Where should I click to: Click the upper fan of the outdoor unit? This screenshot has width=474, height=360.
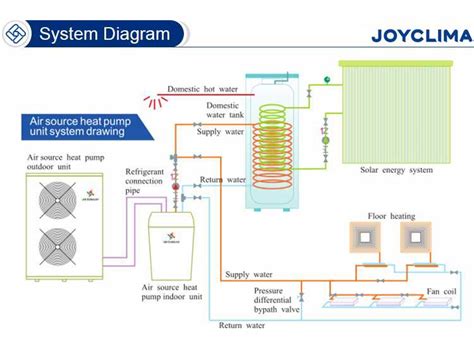59,199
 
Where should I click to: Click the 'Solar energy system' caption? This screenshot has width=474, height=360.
396,169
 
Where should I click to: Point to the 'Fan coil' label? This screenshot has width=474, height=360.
441,292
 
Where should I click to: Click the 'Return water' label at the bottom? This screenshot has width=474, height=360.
243,325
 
